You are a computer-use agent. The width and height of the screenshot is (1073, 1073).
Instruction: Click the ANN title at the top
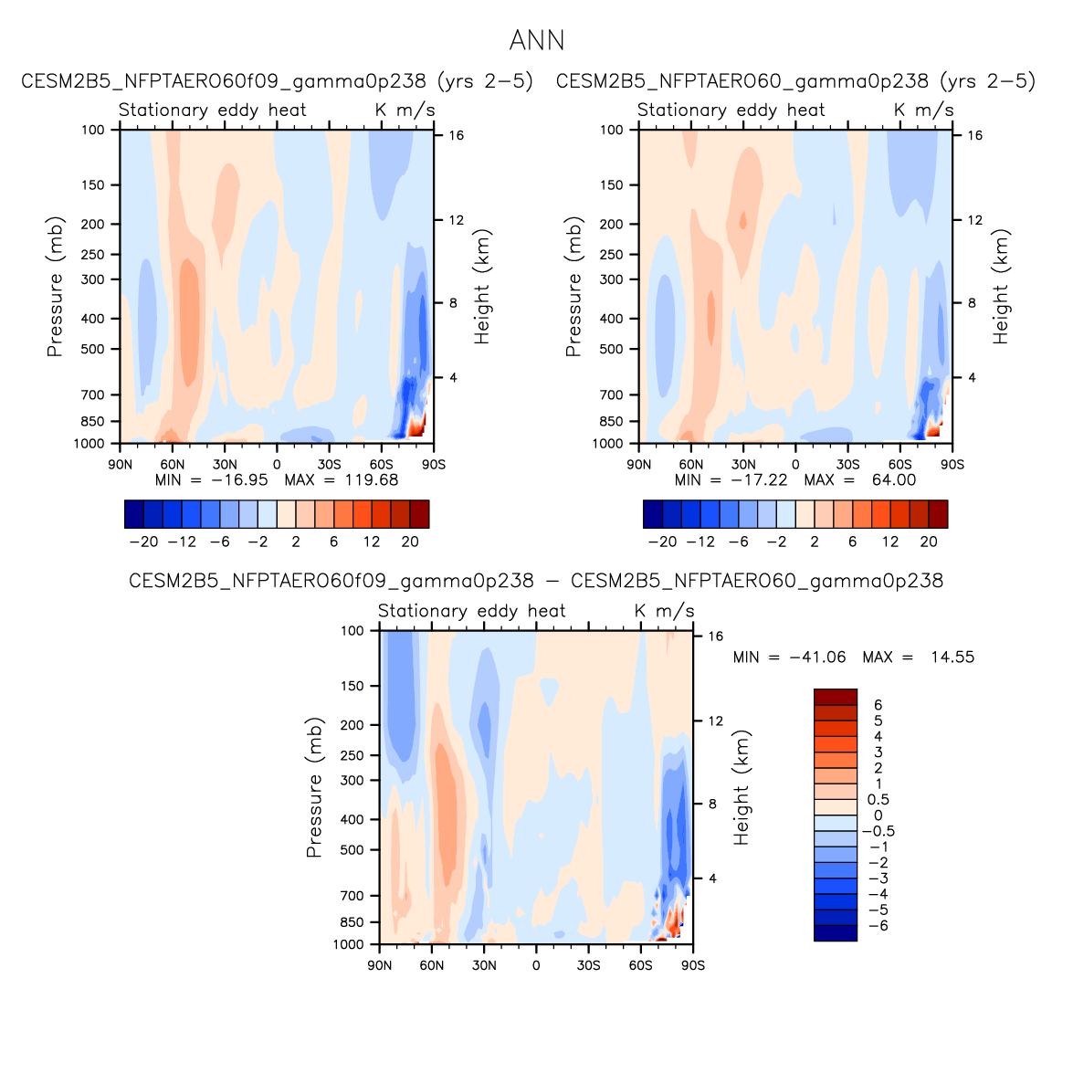coord(537,41)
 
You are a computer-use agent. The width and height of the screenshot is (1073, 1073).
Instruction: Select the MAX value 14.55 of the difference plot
coord(952,657)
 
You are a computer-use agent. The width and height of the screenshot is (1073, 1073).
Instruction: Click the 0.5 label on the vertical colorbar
coord(878,800)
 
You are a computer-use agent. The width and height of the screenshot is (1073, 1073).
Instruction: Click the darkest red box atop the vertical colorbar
coord(836,697)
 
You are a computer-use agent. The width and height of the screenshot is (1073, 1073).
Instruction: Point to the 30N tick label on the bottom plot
coord(484,965)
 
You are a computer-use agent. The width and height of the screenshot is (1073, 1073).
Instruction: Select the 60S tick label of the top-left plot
coord(382,465)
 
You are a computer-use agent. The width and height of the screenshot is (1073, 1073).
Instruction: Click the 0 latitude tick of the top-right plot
coord(795,465)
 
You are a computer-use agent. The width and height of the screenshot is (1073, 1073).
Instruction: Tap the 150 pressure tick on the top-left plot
coord(94,185)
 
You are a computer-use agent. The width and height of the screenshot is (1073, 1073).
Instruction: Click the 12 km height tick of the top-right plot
coord(975,220)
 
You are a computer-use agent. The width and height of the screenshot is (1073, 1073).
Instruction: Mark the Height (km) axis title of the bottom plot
coord(742,787)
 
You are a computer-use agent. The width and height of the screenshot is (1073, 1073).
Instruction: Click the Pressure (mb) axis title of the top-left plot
coord(56,287)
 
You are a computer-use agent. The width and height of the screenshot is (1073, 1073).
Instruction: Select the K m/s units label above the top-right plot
coord(924,110)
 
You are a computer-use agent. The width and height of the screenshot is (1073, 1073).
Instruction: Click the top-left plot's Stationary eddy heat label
coord(213,110)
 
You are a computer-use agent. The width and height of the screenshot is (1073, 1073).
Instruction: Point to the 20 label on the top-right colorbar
coord(929,542)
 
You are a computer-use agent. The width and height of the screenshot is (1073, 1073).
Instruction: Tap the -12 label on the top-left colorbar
coord(182,542)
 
